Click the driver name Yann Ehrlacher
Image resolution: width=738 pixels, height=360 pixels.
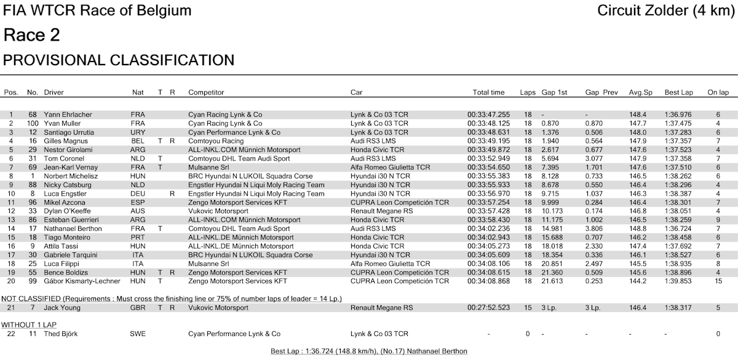69,114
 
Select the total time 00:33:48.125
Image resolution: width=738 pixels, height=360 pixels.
488,123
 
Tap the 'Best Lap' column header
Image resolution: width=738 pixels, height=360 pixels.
678,92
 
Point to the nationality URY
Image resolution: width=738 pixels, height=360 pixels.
138,132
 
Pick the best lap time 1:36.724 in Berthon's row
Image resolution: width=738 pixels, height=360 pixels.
678,228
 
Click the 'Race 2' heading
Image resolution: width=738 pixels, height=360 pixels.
32,36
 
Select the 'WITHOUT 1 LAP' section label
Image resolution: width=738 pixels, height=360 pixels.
28,324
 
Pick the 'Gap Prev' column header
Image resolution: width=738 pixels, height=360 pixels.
601,92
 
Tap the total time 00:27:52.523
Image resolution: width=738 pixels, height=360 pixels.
488,307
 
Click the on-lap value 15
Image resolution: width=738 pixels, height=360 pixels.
718,281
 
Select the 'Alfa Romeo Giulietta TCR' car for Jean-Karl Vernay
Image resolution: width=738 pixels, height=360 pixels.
391,167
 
